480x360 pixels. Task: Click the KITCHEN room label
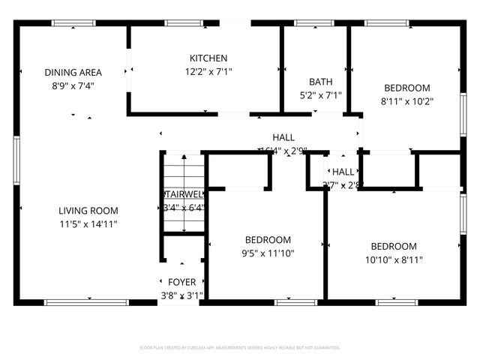208,58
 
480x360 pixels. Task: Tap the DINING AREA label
73,73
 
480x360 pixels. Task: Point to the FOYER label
181,282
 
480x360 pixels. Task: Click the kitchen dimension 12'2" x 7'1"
208,72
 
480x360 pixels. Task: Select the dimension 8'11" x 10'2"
407,100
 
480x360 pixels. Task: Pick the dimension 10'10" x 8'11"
394,259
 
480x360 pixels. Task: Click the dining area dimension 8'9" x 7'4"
73,85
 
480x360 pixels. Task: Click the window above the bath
314,23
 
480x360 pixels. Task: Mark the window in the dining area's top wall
73,23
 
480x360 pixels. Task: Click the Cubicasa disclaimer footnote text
240,348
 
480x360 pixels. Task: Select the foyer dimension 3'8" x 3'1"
181,295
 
